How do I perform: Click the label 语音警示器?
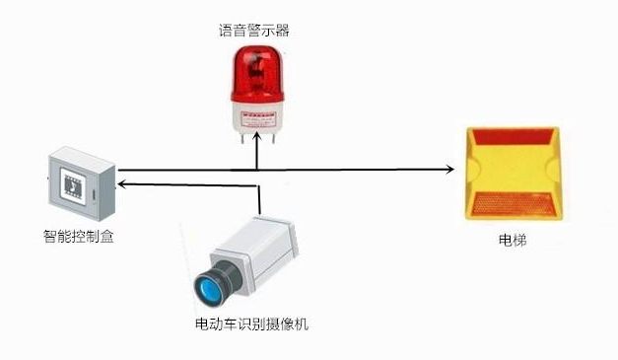(254, 31)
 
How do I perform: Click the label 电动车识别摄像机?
(252, 324)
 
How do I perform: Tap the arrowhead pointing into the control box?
(119, 183)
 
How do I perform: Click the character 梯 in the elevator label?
(520, 240)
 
